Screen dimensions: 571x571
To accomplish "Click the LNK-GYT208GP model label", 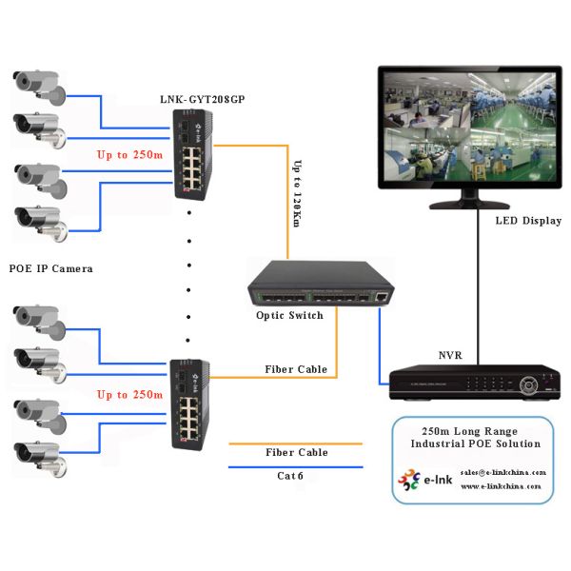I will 201,100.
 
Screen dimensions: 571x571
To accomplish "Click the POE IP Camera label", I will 50,268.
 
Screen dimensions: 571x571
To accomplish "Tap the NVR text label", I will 449,354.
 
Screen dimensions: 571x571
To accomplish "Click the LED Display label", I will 528,221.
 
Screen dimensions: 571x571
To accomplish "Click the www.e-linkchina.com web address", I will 501,485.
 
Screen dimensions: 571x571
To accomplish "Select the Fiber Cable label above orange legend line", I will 296,452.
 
